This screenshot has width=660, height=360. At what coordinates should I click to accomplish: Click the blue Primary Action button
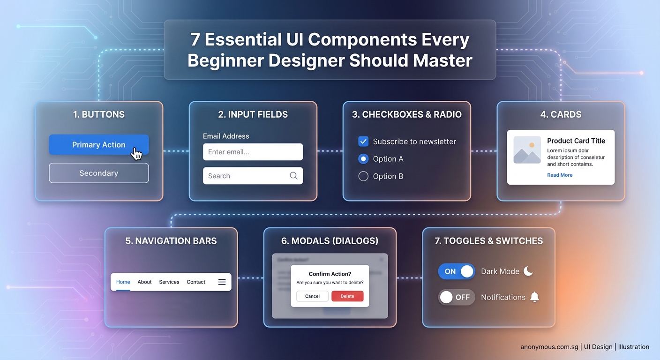pos(98,145)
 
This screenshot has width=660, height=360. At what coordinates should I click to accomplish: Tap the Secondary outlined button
pos(98,173)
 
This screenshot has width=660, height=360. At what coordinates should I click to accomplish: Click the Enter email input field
pos(253,152)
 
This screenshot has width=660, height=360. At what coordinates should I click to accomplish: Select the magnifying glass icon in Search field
pos(293,176)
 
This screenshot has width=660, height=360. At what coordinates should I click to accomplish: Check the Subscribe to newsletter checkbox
pos(363,141)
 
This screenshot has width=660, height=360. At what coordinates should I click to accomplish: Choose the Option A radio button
pos(363,159)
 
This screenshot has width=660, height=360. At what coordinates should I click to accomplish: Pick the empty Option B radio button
pos(363,176)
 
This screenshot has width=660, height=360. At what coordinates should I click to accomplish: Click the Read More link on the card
pos(560,175)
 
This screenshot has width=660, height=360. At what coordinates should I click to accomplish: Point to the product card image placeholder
pos(527,150)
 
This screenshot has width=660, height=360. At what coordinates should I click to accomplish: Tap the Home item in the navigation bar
pos(123,282)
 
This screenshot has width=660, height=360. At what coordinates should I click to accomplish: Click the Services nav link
pos(169,282)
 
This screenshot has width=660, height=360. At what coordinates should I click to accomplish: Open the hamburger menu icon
pos(222,282)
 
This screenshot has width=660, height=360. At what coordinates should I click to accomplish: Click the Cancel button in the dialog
pos(312,296)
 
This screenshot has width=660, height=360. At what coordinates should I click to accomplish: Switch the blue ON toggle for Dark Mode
pos(457,271)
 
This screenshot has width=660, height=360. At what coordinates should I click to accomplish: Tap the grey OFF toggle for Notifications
pos(457,297)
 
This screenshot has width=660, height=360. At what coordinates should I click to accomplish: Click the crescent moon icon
pos(528,271)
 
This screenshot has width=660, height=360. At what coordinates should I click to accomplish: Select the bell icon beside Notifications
pos(534,297)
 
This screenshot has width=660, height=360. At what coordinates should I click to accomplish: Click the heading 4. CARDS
pos(561,114)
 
